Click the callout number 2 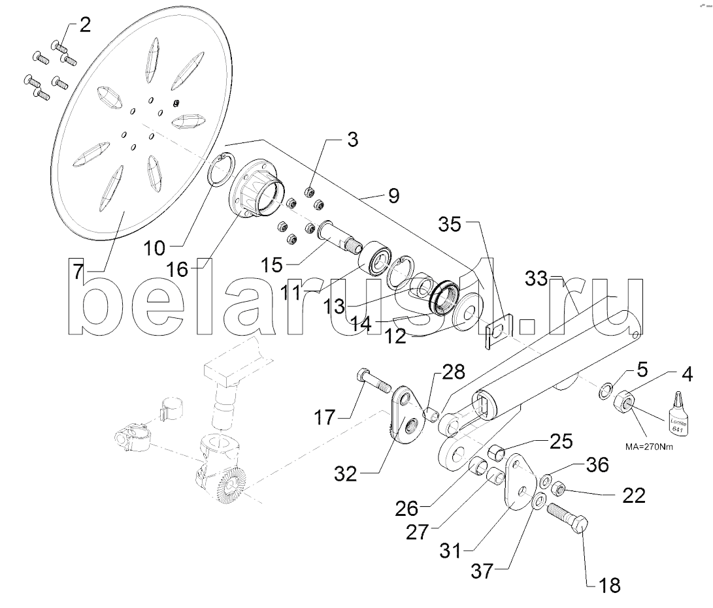click(85, 25)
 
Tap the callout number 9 click(394, 196)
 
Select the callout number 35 click(450, 224)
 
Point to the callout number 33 click(537, 278)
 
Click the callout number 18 click(609, 586)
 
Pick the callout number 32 click(346, 474)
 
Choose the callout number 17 click(325, 417)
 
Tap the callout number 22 click(633, 495)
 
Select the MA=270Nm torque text click(649, 447)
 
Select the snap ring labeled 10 click(223, 170)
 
